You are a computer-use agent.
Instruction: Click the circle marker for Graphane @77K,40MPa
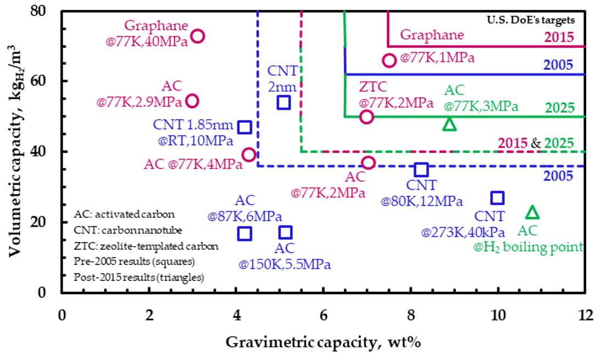pyautogui.click(x=198, y=36)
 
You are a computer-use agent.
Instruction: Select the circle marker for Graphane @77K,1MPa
pyautogui.click(x=389, y=60)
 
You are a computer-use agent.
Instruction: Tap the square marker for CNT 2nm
pyautogui.click(x=283, y=102)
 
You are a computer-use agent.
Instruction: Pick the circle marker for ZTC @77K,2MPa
pyautogui.click(x=367, y=117)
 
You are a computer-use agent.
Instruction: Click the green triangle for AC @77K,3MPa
pyautogui.click(x=449, y=125)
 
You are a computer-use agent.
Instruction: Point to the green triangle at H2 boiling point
pyautogui.click(x=532, y=212)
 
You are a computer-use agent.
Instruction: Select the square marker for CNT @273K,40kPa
pyautogui.click(x=497, y=198)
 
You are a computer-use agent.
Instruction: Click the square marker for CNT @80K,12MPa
pyautogui.click(x=421, y=170)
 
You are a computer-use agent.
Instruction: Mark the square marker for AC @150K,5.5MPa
pyautogui.click(x=285, y=233)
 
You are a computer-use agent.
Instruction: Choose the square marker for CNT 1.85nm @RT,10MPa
pyautogui.click(x=245, y=127)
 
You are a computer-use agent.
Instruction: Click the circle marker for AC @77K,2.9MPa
pyautogui.click(x=192, y=101)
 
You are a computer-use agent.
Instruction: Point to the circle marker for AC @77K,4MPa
pyautogui.click(x=249, y=155)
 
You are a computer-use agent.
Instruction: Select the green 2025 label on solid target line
pyautogui.click(x=559, y=108)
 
